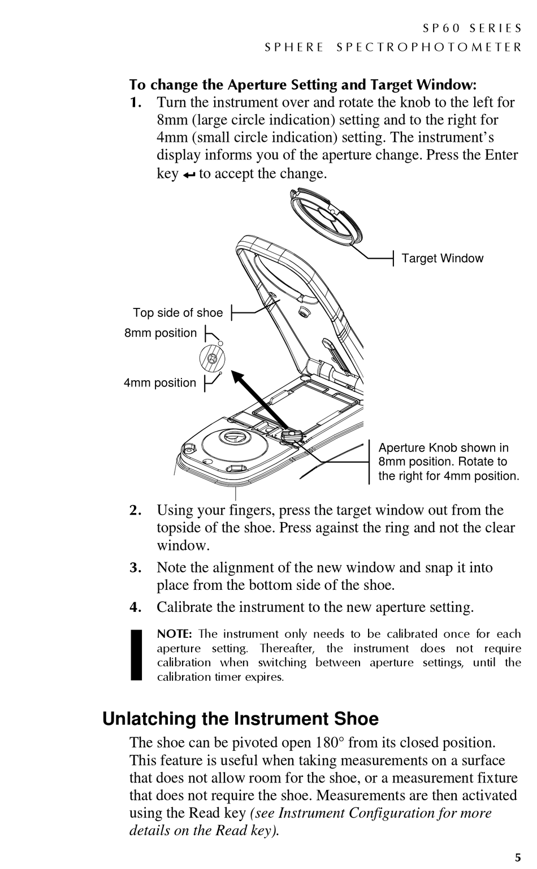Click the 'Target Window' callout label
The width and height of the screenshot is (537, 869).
pos(442,258)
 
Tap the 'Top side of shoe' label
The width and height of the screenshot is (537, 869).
pos(177,312)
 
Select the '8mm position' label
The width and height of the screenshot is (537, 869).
pos(161,333)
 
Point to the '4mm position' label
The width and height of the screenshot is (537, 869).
pos(160,383)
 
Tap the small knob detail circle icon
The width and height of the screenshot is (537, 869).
pos(213,358)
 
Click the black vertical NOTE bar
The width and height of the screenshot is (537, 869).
pos(136,655)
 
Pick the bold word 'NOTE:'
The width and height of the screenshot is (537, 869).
pos(175,634)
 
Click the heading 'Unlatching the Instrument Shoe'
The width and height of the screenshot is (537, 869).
pos(240,719)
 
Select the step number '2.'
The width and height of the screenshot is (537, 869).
pos(135,510)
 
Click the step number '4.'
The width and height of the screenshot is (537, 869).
pos(135,607)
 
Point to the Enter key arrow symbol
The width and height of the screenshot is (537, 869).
pos(188,175)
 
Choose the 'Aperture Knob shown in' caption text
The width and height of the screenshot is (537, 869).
pos(443,447)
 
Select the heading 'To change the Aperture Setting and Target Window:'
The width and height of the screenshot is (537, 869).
pos(303,85)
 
